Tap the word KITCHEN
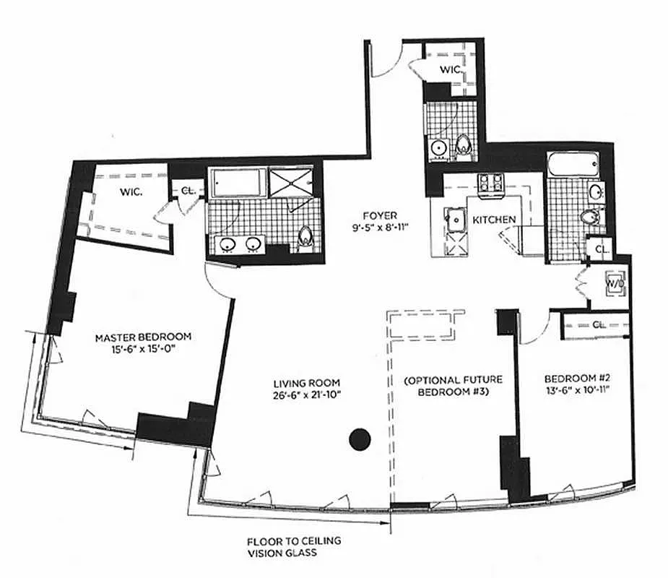pos(494,220)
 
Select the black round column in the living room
pos(359,438)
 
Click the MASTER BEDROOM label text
pos(144,337)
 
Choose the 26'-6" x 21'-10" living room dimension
pos(307,394)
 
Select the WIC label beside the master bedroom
pos(131,193)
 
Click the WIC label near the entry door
pos(453,70)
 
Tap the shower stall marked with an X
pos(291,184)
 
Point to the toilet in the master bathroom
pos(305,236)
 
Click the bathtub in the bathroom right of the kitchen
pos(573,165)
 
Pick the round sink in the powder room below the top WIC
pos(438,148)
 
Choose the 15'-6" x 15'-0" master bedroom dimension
pos(144,349)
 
